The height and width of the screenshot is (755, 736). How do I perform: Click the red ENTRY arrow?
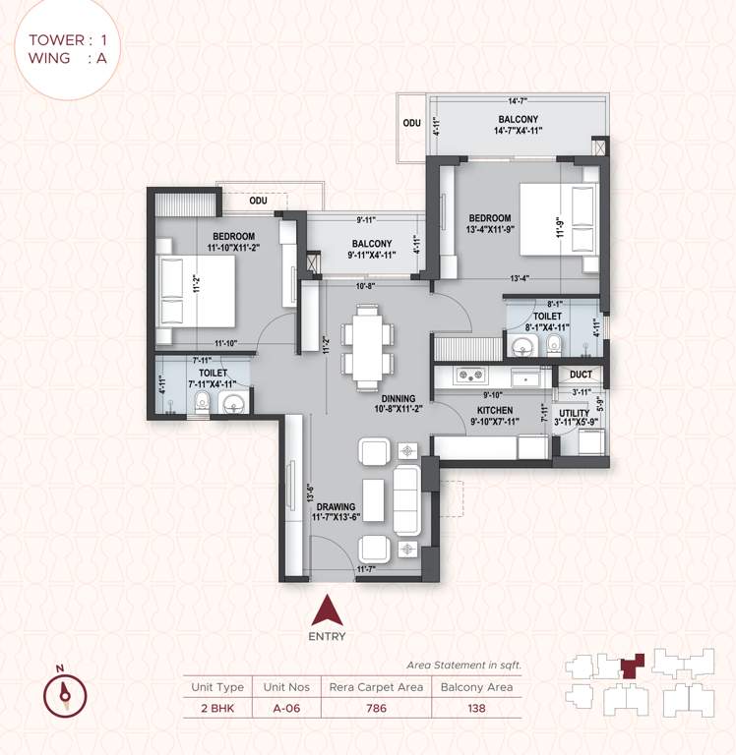[x=327, y=612]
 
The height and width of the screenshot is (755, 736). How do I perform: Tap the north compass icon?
[x=65, y=694]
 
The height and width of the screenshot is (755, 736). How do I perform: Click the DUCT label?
[x=580, y=375]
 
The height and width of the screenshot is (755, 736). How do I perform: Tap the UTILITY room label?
[x=575, y=414]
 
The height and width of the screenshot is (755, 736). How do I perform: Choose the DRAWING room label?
[x=336, y=507]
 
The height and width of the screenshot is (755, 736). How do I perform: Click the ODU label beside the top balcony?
[x=410, y=124]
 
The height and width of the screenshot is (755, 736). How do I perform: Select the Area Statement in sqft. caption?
[x=463, y=665]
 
